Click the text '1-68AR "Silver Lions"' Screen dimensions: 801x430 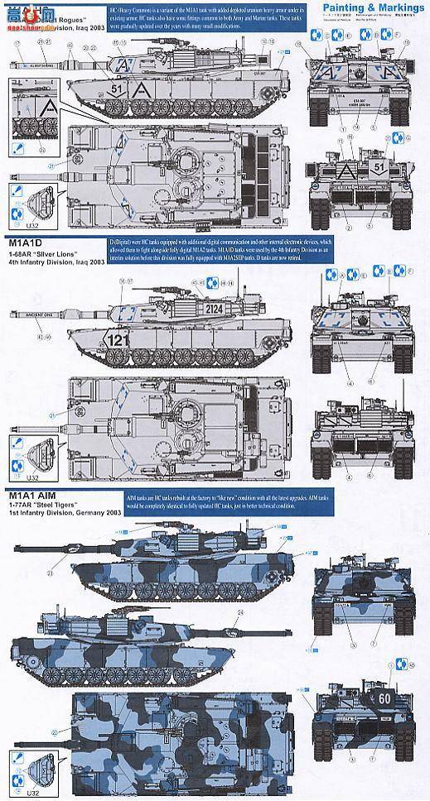pyautogui.click(x=45, y=254)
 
